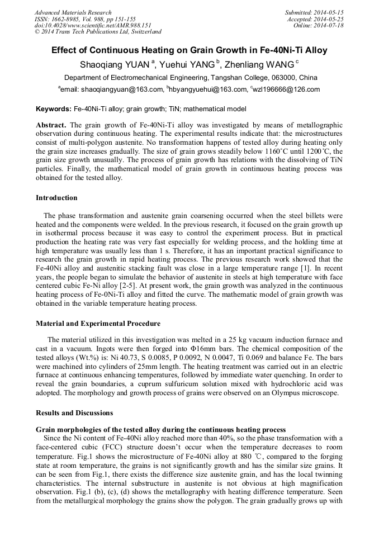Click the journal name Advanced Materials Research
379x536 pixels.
tap(73, 12)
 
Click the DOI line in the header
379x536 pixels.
tap(93, 25)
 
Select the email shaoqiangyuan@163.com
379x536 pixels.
tap(121, 89)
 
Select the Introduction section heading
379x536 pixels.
tap(56, 198)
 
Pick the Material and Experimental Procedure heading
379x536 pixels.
tap(98, 324)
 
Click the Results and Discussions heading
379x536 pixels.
tap(74, 413)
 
